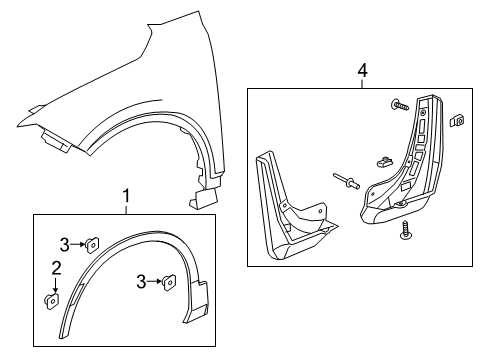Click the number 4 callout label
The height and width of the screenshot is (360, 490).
tap(362, 71)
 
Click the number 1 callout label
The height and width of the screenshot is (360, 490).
tap(126, 195)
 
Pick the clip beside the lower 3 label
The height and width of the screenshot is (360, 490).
tap(170, 283)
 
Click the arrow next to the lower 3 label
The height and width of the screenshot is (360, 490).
tap(156, 283)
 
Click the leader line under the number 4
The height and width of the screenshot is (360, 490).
tap(362, 83)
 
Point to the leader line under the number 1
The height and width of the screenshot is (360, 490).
tap(126, 208)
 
